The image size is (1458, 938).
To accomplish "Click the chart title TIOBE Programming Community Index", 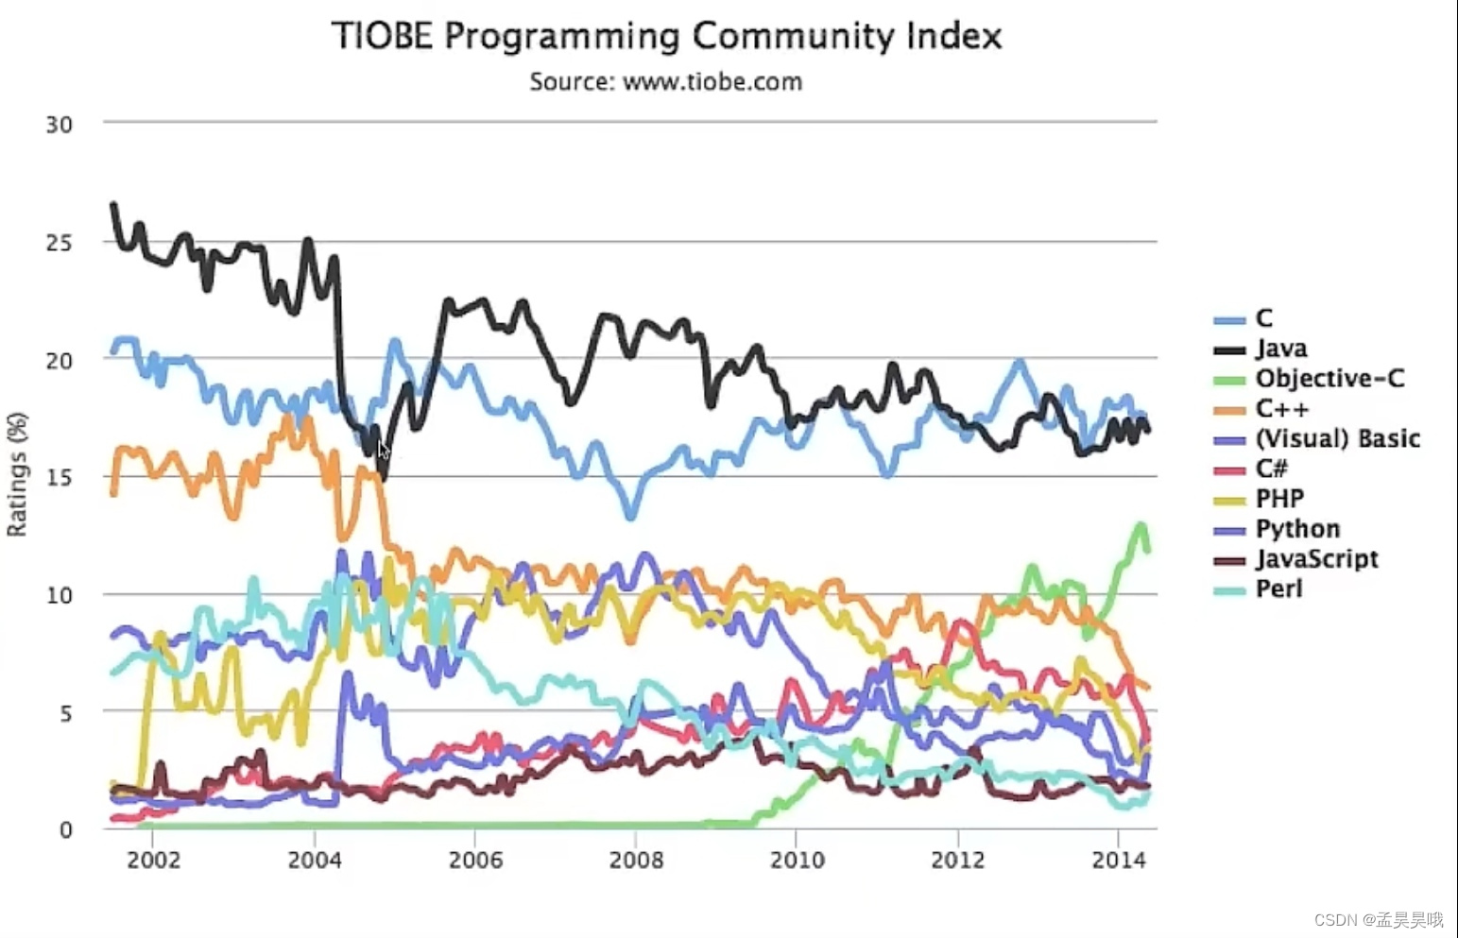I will tap(666, 36).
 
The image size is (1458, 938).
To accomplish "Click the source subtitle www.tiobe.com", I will tap(666, 81).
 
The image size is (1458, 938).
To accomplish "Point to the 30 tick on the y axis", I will tap(59, 125).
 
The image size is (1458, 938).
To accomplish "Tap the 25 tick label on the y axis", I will tap(59, 243).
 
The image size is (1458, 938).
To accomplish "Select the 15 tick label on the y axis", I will tap(59, 478).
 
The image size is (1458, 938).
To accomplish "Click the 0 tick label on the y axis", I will tap(65, 829).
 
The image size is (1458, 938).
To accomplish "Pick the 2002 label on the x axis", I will tap(153, 860).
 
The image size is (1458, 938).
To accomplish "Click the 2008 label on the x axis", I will tap(636, 860).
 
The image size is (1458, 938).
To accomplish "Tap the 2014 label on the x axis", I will tap(1119, 860).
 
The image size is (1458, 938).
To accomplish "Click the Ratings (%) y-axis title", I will tap(17, 474).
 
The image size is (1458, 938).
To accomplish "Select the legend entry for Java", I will tap(1280, 349).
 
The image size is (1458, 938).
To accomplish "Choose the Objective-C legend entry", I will tap(1329, 379).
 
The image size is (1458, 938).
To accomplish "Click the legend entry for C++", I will tap(1281, 409).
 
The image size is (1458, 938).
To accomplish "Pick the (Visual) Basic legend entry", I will tap(1336, 438).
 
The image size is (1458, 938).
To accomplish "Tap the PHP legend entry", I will tap(1279, 499).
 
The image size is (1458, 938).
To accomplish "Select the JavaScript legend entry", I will tap(1316, 559).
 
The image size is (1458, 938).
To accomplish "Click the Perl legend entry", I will tap(1278, 589).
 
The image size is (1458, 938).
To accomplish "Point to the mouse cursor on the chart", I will tap(383, 451).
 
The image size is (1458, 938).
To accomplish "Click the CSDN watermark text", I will tap(1379, 919).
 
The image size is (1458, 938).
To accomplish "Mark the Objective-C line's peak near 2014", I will tap(1141, 526).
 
